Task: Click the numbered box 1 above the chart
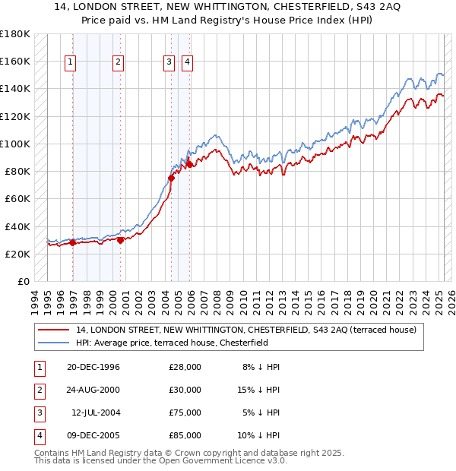coord(70,63)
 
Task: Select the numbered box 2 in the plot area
coord(119,63)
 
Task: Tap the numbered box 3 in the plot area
coord(168,63)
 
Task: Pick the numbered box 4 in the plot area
coord(186,63)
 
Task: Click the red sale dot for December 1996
coord(73,243)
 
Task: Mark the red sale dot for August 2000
coord(120,240)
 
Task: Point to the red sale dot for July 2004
coord(171,179)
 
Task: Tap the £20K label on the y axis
coord(17,254)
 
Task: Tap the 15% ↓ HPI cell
coord(259,390)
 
